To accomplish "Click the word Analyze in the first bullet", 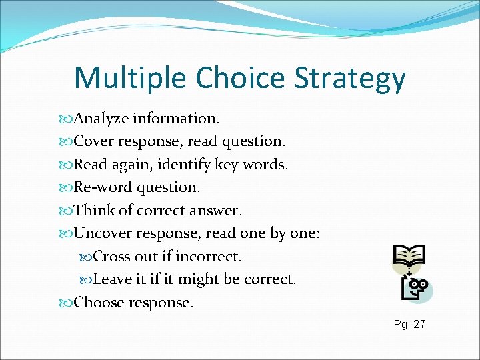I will tap(101, 119).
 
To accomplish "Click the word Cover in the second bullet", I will tap(92, 141).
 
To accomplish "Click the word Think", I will tap(94, 211).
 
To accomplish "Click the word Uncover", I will tap(103, 233).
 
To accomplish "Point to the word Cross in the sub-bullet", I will tap(111, 257).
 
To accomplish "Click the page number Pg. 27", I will tap(409, 325).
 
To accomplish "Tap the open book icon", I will tap(409, 256).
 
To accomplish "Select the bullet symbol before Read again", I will tap(66, 165).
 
